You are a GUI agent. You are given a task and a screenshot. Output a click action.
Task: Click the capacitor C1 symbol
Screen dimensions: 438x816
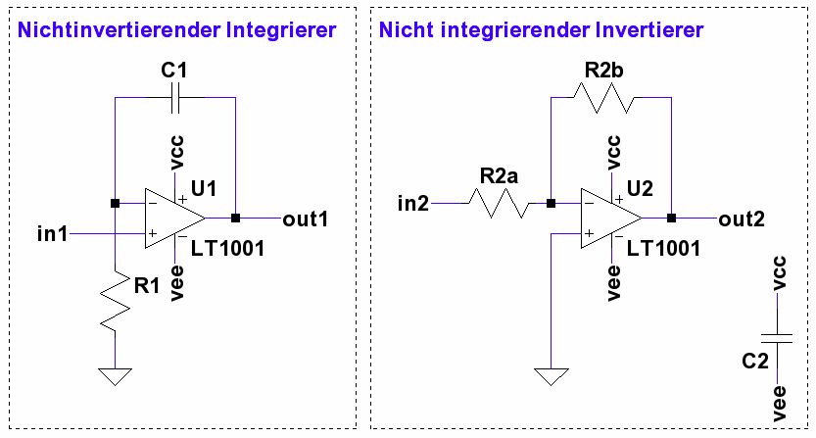176,97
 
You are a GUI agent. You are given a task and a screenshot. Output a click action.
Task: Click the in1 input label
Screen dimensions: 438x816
51,234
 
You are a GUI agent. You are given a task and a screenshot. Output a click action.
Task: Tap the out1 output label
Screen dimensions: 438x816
304,218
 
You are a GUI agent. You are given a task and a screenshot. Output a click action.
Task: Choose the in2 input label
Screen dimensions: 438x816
413,204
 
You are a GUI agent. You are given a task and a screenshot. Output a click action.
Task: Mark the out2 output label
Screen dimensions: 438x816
741,218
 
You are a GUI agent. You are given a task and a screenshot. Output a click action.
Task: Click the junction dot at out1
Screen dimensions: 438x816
236,218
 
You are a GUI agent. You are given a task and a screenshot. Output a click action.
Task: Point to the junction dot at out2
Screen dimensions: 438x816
672,218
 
